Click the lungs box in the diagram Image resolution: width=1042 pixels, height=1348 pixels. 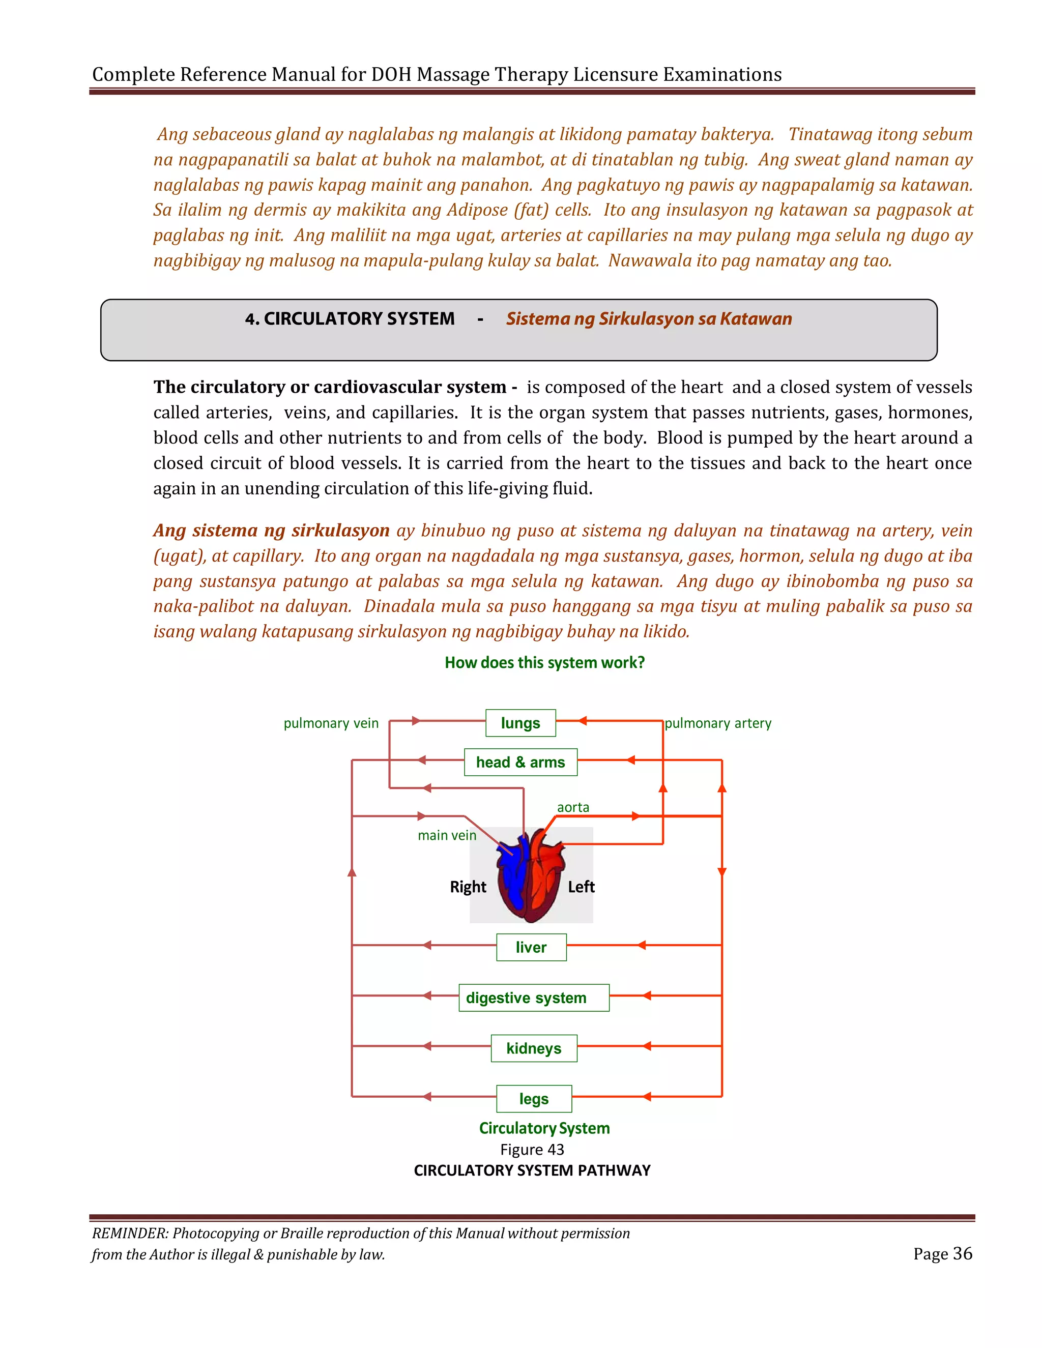(520, 723)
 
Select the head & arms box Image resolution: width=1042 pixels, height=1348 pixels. (520, 763)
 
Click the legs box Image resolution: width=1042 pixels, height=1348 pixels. (533, 1099)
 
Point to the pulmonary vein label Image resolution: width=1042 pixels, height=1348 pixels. (331, 723)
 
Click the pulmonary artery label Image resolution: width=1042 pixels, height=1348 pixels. (717, 723)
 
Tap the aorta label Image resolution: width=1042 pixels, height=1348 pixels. (573, 807)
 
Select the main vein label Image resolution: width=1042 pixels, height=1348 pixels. (447, 835)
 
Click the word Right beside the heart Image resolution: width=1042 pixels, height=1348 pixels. (468, 887)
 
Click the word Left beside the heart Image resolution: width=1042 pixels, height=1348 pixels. (581, 887)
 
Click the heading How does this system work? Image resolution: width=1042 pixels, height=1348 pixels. (544, 662)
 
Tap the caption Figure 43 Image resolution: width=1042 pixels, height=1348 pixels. (532, 1149)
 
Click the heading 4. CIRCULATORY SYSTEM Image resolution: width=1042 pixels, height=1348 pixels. (350, 318)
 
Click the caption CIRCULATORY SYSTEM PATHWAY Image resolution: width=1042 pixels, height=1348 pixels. (532, 1170)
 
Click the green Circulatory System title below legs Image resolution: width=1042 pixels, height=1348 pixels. (544, 1128)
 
